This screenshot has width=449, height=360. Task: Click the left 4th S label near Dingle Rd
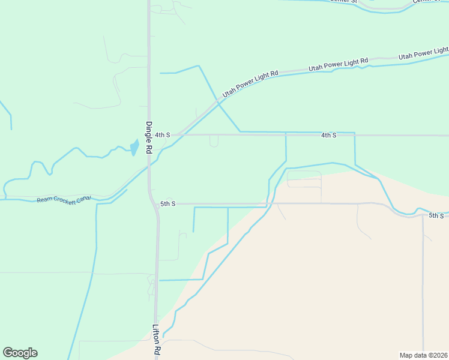point(163,136)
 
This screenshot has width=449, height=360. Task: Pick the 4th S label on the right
point(328,136)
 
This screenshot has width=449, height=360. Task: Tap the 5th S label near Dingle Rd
point(167,204)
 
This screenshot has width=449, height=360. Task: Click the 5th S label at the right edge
point(436,215)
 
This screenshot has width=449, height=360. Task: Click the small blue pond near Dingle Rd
point(134,147)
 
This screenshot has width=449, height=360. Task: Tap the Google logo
point(20,353)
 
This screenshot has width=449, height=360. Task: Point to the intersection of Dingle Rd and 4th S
point(149,136)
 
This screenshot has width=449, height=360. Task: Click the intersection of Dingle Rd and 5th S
point(152,203)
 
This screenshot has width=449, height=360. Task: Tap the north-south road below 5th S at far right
point(423,282)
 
